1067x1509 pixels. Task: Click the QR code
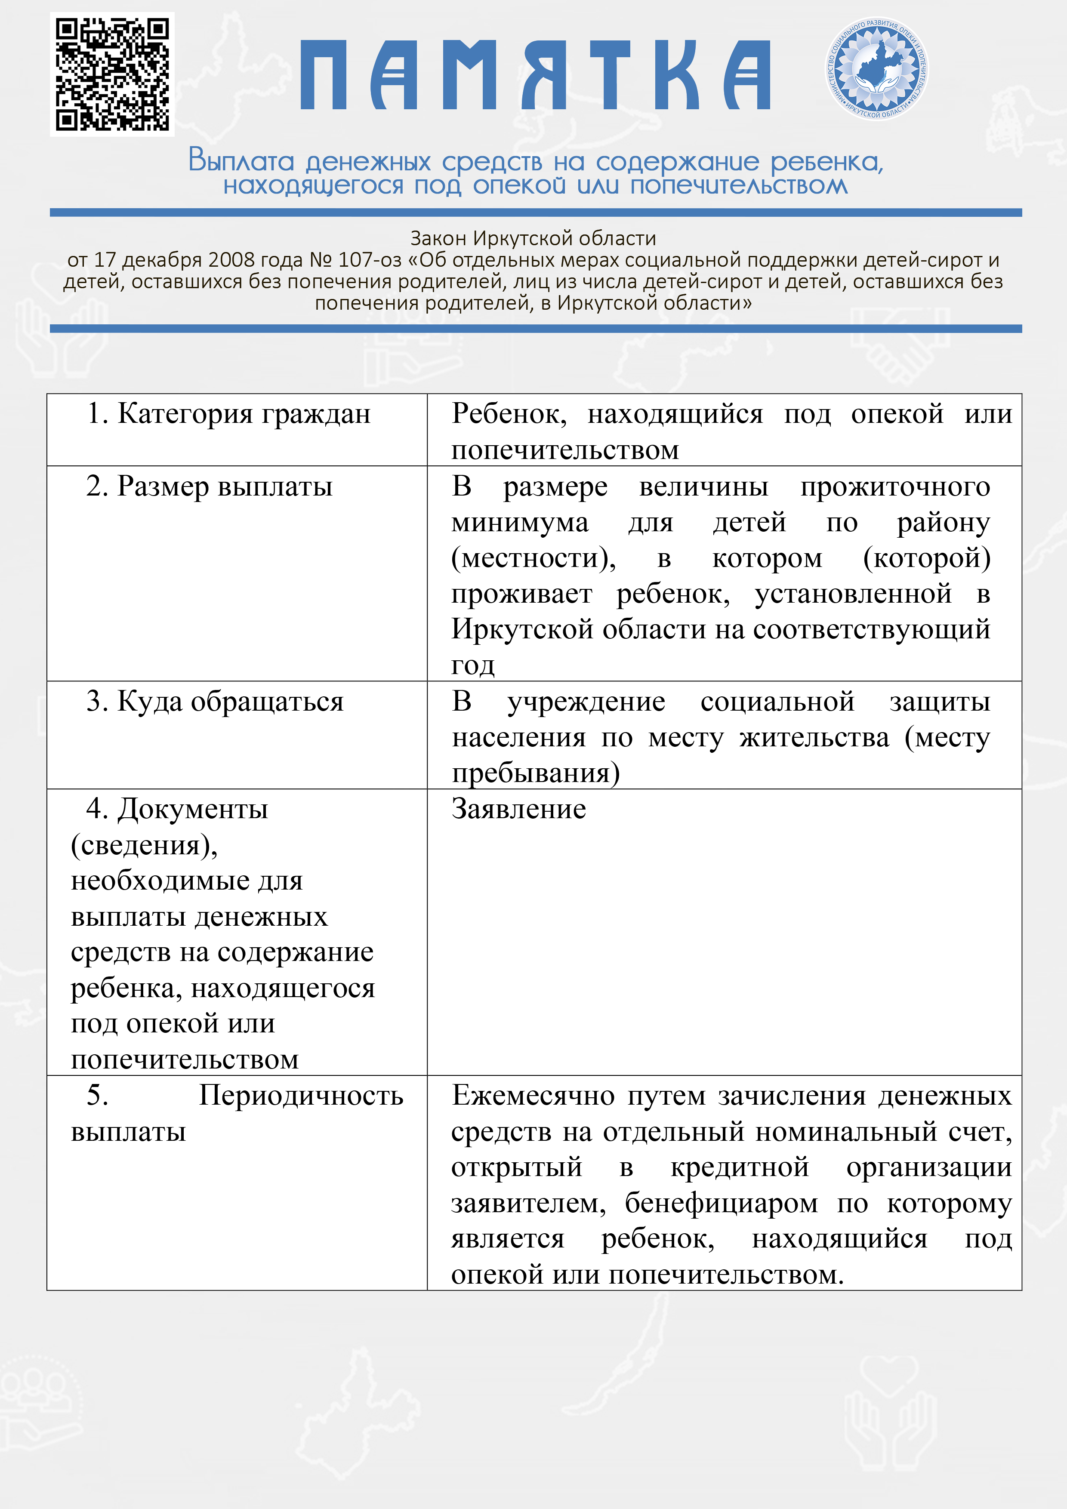pyautogui.click(x=112, y=74)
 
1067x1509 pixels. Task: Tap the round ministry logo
pyautogui.click(x=877, y=68)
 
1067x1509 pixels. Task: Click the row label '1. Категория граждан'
pyautogui.click(x=229, y=414)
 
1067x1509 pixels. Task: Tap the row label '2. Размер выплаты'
pyautogui.click(x=209, y=487)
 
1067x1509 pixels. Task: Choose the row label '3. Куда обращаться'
pyautogui.click(x=214, y=702)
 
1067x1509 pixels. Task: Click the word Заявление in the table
pyautogui.click(x=519, y=810)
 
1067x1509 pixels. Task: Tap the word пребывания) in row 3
pyautogui.click(x=536, y=773)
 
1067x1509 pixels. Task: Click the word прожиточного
pyautogui.click(x=895, y=487)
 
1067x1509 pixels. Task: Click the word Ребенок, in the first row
pyautogui.click(x=509, y=414)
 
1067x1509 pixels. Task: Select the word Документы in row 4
pyautogui.click(x=193, y=810)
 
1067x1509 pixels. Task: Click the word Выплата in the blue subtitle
pyautogui.click(x=241, y=161)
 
